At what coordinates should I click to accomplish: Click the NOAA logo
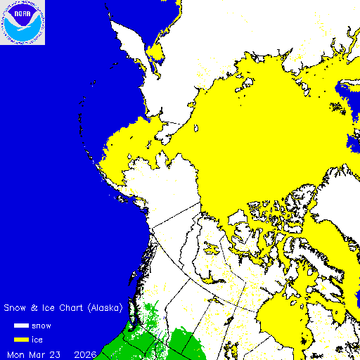click(22, 22)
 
